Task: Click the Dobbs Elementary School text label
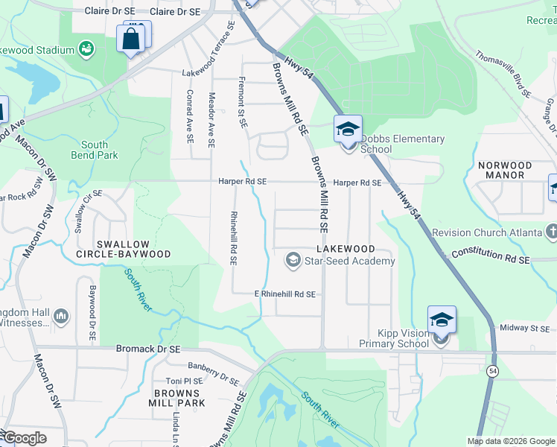[x=402, y=144]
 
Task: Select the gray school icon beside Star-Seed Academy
[x=293, y=260]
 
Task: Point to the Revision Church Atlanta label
[x=488, y=232]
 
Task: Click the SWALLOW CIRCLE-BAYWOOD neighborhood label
[x=132, y=249]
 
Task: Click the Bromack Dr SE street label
[x=148, y=348]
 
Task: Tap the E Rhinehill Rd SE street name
[x=285, y=294]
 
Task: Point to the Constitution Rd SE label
[x=490, y=256]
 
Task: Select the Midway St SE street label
[x=524, y=328]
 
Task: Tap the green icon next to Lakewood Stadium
[x=87, y=50]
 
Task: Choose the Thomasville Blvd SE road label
[x=503, y=74]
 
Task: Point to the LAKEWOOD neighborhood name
[x=343, y=248]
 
